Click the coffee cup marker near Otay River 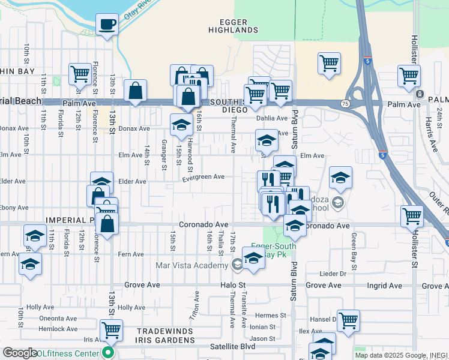[107, 25]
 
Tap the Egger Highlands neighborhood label [233, 26]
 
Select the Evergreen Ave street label [203, 177]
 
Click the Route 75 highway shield [346, 103]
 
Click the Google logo [20, 353]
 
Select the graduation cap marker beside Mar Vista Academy [254, 258]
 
